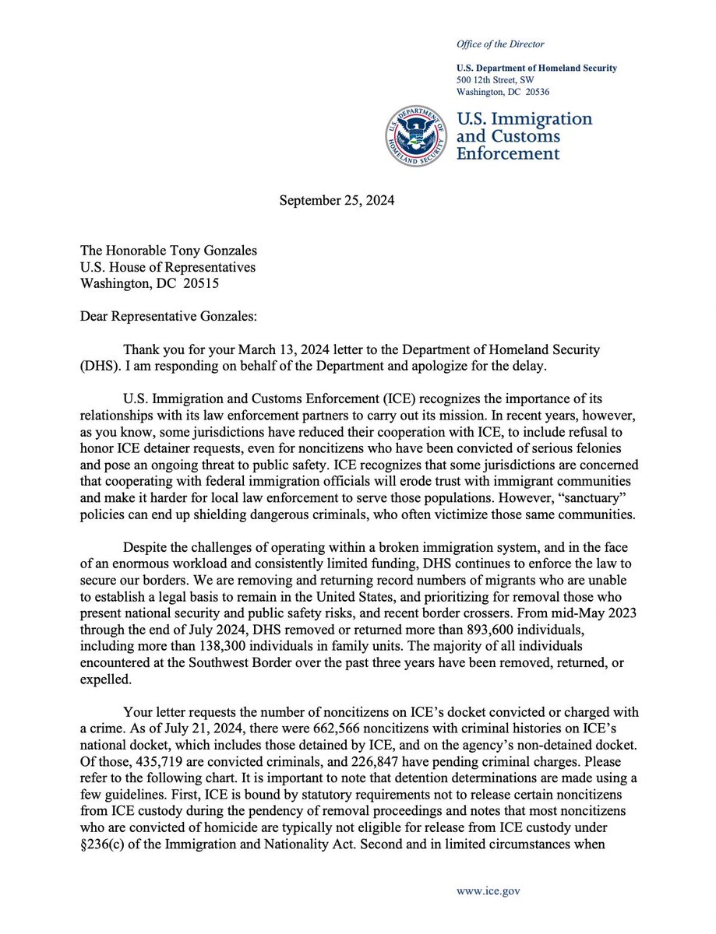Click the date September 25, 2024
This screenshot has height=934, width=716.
(x=337, y=200)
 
